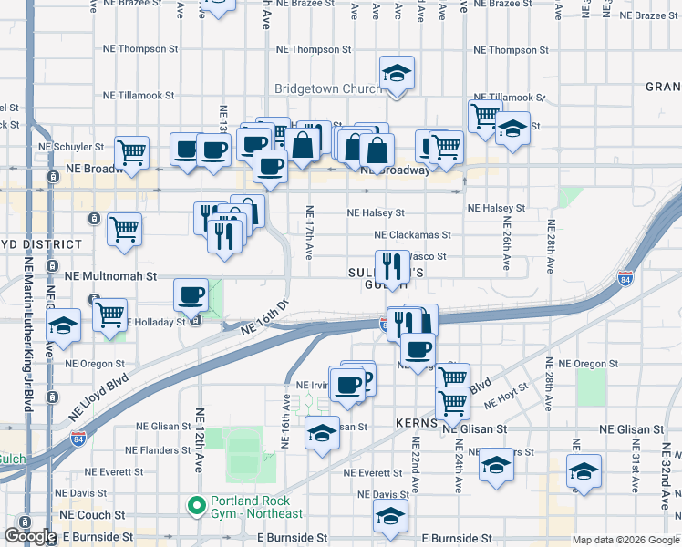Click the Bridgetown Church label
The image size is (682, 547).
(328, 88)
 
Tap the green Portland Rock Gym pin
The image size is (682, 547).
(194, 504)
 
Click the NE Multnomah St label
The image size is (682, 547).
(110, 274)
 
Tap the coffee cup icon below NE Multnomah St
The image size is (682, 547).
(191, 294)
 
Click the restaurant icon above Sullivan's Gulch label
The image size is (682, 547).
(392, 266)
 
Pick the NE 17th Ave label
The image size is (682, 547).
(309, 229)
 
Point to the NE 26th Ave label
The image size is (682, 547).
(506, 246)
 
